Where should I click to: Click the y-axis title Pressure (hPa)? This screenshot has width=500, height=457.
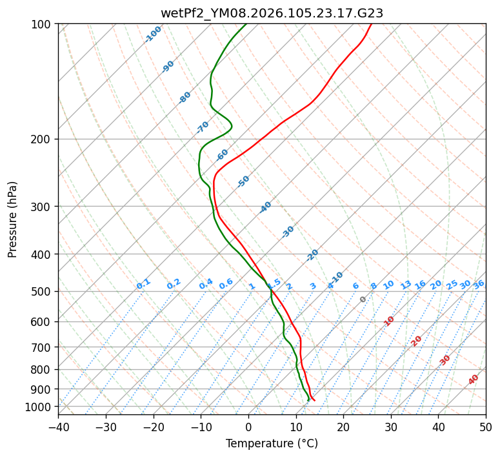[x=13, y=219]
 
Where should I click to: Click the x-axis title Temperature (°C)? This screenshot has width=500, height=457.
[x=272, y=444]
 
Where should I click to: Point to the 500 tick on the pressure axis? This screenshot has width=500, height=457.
[x=43, y=291]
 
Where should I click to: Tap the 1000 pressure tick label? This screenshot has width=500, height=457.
[x=41, y=407]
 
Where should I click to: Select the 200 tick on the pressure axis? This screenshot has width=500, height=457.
[x=43, y=139]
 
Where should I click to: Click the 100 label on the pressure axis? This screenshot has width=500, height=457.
[x=43, y=24]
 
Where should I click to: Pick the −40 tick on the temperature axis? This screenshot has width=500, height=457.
[x=58, y=427]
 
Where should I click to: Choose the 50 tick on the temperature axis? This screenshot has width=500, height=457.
[x=486, y=427]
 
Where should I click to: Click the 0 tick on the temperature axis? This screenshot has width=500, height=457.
[x=248, y=427]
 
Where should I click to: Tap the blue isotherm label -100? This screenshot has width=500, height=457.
[x=153, y=34]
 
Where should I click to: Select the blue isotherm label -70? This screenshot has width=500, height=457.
[x=203, y=127]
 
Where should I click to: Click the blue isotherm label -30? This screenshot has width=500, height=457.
[x=288, y=232]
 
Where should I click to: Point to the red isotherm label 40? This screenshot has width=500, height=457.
[x=474, y=380]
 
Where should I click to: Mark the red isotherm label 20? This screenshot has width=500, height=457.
[x=417, y=340]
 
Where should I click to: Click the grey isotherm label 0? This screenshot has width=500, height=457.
[x=363, y=300]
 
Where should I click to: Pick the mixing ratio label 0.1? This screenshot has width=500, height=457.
[x=143, y=284]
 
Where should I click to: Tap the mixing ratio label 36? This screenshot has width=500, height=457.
[x=479, y=284]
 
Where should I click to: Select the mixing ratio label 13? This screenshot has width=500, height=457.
[x=406, y=285]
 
